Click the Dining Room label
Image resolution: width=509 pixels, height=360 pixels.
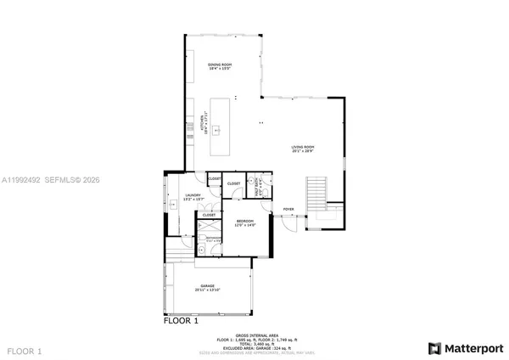tap(220, 66)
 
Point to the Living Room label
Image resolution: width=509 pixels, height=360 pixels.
tap(303, 149)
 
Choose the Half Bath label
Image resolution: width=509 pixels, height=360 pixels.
tap(260, 192)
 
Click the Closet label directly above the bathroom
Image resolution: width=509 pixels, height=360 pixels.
tap(209, 216)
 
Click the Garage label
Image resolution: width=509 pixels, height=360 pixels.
tap(208, 287)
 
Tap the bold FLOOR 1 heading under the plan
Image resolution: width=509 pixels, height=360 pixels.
tap(180, 322)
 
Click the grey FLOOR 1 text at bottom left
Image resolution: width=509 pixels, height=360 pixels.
tap(24, 350)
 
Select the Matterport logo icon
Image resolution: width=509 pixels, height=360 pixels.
tap(434, 348)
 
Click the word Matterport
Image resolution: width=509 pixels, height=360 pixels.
tap(472, 348)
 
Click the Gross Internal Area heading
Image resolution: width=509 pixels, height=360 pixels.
tap(254, 335)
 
